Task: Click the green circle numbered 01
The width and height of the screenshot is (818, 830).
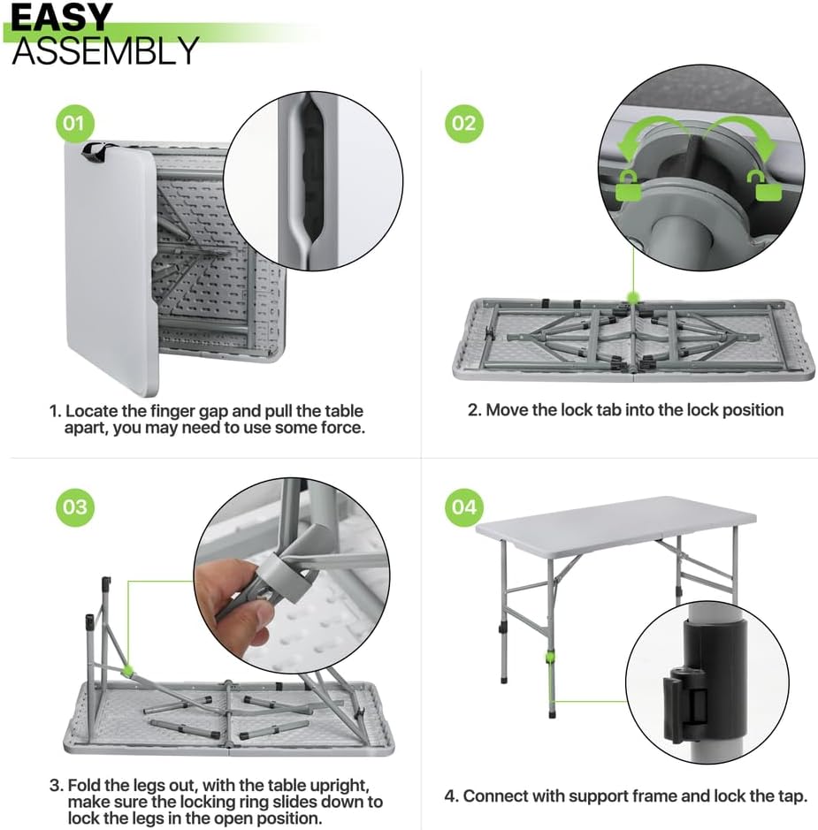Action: click(x=74, y=124)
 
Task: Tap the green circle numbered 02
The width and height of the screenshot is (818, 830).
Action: click(x=463, y=124)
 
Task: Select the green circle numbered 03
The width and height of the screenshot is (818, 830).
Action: click(x=74, y=507)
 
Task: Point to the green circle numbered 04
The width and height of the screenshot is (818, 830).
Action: click(x=463, y=507)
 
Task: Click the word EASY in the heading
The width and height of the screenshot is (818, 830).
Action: click(x=61, y=17)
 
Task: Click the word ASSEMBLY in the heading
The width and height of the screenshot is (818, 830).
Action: click(x=105, y=50)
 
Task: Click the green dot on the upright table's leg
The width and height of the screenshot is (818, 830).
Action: click(x=550, y=658)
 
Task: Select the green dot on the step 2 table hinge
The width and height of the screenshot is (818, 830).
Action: click(x=632, y=297)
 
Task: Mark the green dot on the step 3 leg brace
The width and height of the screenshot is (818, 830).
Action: click(x=127, y=671)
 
